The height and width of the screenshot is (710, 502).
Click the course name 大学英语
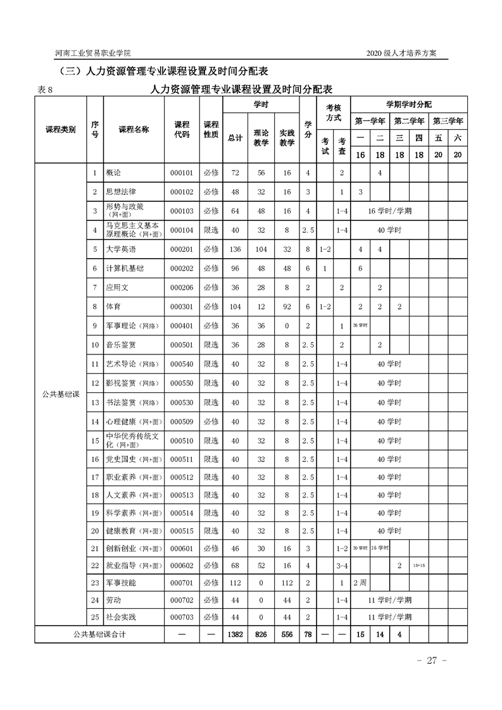[121, 249]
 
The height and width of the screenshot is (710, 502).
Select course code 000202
[181, 268]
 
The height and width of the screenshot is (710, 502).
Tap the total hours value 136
[235, 249]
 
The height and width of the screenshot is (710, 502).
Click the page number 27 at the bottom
[432, 661]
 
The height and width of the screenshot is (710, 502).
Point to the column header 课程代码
[182, 129]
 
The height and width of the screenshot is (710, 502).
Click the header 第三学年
[448, 120]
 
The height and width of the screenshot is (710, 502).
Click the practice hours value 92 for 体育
[287, 306]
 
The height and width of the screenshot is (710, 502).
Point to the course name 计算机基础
[125, 268]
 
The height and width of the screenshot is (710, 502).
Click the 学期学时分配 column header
[409, 104]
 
